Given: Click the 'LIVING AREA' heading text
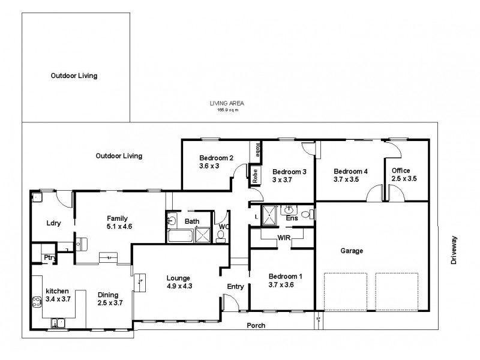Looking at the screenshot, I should (226, 103).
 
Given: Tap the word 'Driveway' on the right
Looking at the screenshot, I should (454, 249).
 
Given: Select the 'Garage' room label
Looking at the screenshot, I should (352, 251).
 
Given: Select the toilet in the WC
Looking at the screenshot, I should (220, 235).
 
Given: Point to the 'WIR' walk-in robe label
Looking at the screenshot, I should (284, 238).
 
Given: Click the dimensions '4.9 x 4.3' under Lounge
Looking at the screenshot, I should (179, 286).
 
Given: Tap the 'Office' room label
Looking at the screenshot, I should (401, 170).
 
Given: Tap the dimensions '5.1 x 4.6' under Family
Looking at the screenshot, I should (120, 226).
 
